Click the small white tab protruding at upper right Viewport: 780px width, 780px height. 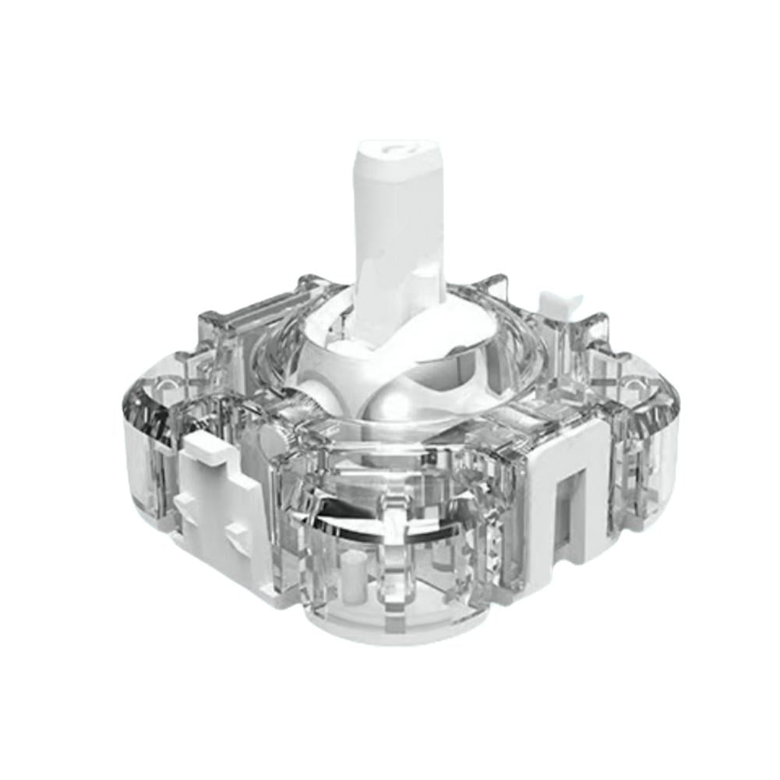click(559, 304)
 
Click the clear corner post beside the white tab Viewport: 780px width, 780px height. click(596, 331)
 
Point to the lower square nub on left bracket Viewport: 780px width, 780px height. click(238, 538)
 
